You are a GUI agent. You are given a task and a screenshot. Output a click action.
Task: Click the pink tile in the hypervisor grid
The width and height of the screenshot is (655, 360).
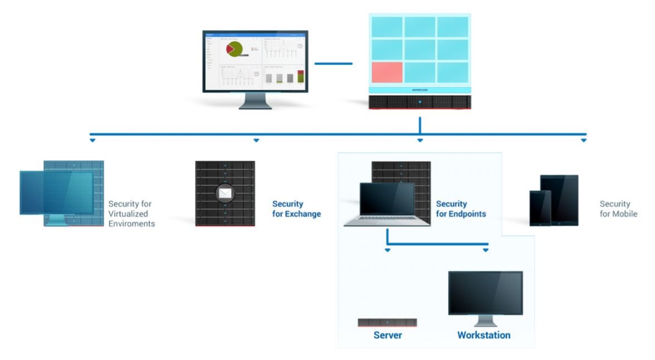pyautogui.click(x=387, y=72)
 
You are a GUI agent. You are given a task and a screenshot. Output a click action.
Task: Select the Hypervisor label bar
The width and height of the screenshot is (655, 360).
pyautogui.click(x=420, y=90)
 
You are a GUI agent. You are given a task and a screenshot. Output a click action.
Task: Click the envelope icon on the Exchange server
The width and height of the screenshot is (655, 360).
pyautogui.click(x=224, y=194)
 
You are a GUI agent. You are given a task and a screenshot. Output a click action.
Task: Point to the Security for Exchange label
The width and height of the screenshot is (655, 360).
pyautogui.click(x=296, y=209)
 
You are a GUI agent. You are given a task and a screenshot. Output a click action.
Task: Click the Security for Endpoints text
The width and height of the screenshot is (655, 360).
pyautogui.click(x=461, y=209)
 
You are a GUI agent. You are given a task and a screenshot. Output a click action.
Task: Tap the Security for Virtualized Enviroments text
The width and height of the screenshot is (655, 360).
pyautogui.click(x=131, y=213)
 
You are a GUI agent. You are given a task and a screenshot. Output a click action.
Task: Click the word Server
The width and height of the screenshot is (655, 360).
pyautogui.click(x=387, y=335)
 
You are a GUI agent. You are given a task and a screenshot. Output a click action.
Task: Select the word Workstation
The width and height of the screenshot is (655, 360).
pyautogui.click(x=483, y=335)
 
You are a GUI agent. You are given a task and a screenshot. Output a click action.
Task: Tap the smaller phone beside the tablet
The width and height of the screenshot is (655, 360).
pyautogui.click(x=540, y=208)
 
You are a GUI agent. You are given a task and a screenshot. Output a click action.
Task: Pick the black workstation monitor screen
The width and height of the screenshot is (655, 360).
pyautogui.click(x=485, y=293)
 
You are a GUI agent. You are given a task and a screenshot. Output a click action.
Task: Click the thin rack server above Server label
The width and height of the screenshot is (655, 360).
pyautogui.click(x=387, y=323)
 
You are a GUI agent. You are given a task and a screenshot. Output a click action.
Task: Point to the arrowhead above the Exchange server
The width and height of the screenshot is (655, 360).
pyautogui.click(x=256, y=140)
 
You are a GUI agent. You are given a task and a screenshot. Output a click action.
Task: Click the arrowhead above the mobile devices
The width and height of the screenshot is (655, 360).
pyautogui.click(x=584, y=140)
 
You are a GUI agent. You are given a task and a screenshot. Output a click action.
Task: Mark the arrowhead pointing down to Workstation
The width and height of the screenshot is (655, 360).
pyautogui.click(x=486, y=250)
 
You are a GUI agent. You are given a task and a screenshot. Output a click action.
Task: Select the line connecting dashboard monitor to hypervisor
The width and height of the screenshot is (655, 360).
pyautogui.click(x=333, y=64)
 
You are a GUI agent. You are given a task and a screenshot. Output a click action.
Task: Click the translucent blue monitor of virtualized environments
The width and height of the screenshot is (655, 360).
pyautogui.click(x=57, y=193)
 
